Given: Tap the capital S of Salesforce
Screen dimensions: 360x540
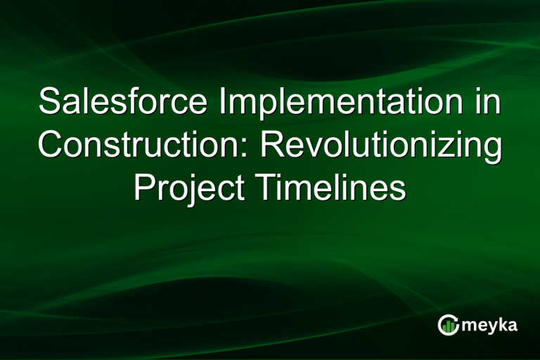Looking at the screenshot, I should click(x=50, y=103).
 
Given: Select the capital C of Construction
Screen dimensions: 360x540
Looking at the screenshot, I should click(x=51, y=146).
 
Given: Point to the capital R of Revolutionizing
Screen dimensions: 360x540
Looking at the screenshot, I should click(x=274, y=146).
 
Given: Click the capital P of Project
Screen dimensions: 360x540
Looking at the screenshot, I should click(x=143, y=188).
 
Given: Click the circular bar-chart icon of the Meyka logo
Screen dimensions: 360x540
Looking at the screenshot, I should click(x=448, y=325).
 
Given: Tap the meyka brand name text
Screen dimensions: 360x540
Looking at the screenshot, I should click(x=490, y=326).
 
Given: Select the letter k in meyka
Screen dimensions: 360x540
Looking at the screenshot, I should click(x=503, y=325).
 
